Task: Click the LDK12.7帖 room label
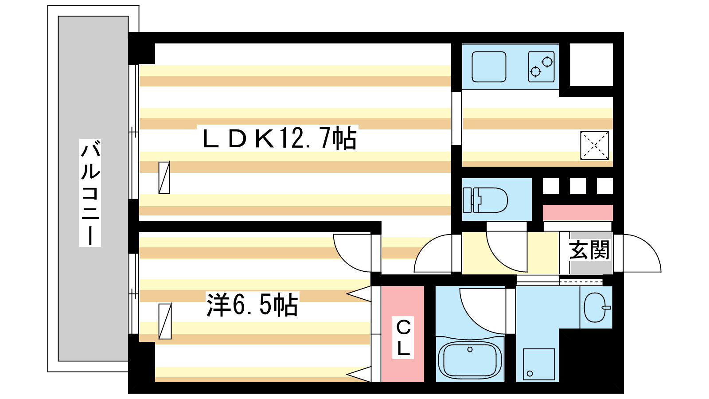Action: (x=280, y=138)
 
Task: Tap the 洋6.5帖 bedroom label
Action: (x=252, y=305)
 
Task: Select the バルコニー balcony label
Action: (x=90, y=193)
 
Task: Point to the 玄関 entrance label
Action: (x=589, y=250)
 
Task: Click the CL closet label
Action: (x=403, y=337)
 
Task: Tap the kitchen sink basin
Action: (x=489, y=67)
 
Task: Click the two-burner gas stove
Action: (x=541, y=67)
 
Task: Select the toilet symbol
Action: (x=485, y=200)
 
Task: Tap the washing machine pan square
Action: (x=539, y=364)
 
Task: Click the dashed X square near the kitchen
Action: (x=594, y=145)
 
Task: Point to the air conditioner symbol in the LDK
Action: (x=164, y=178)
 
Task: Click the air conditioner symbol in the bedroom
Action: (x=165, y=321)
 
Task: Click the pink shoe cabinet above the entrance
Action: (x=578, y=213)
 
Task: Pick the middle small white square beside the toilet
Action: (x=578, y=186)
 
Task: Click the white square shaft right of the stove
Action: (x=592, y=65)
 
